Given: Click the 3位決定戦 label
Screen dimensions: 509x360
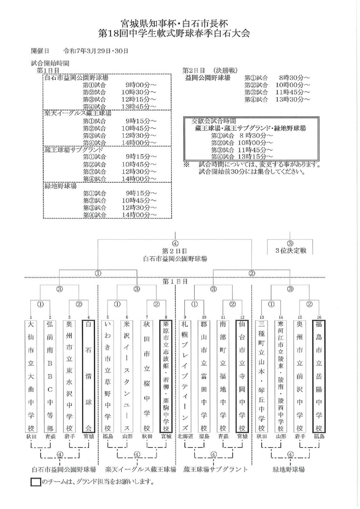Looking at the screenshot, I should [x=290, y=250].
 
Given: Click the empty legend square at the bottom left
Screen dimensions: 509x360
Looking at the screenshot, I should [x=35, y=482].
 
